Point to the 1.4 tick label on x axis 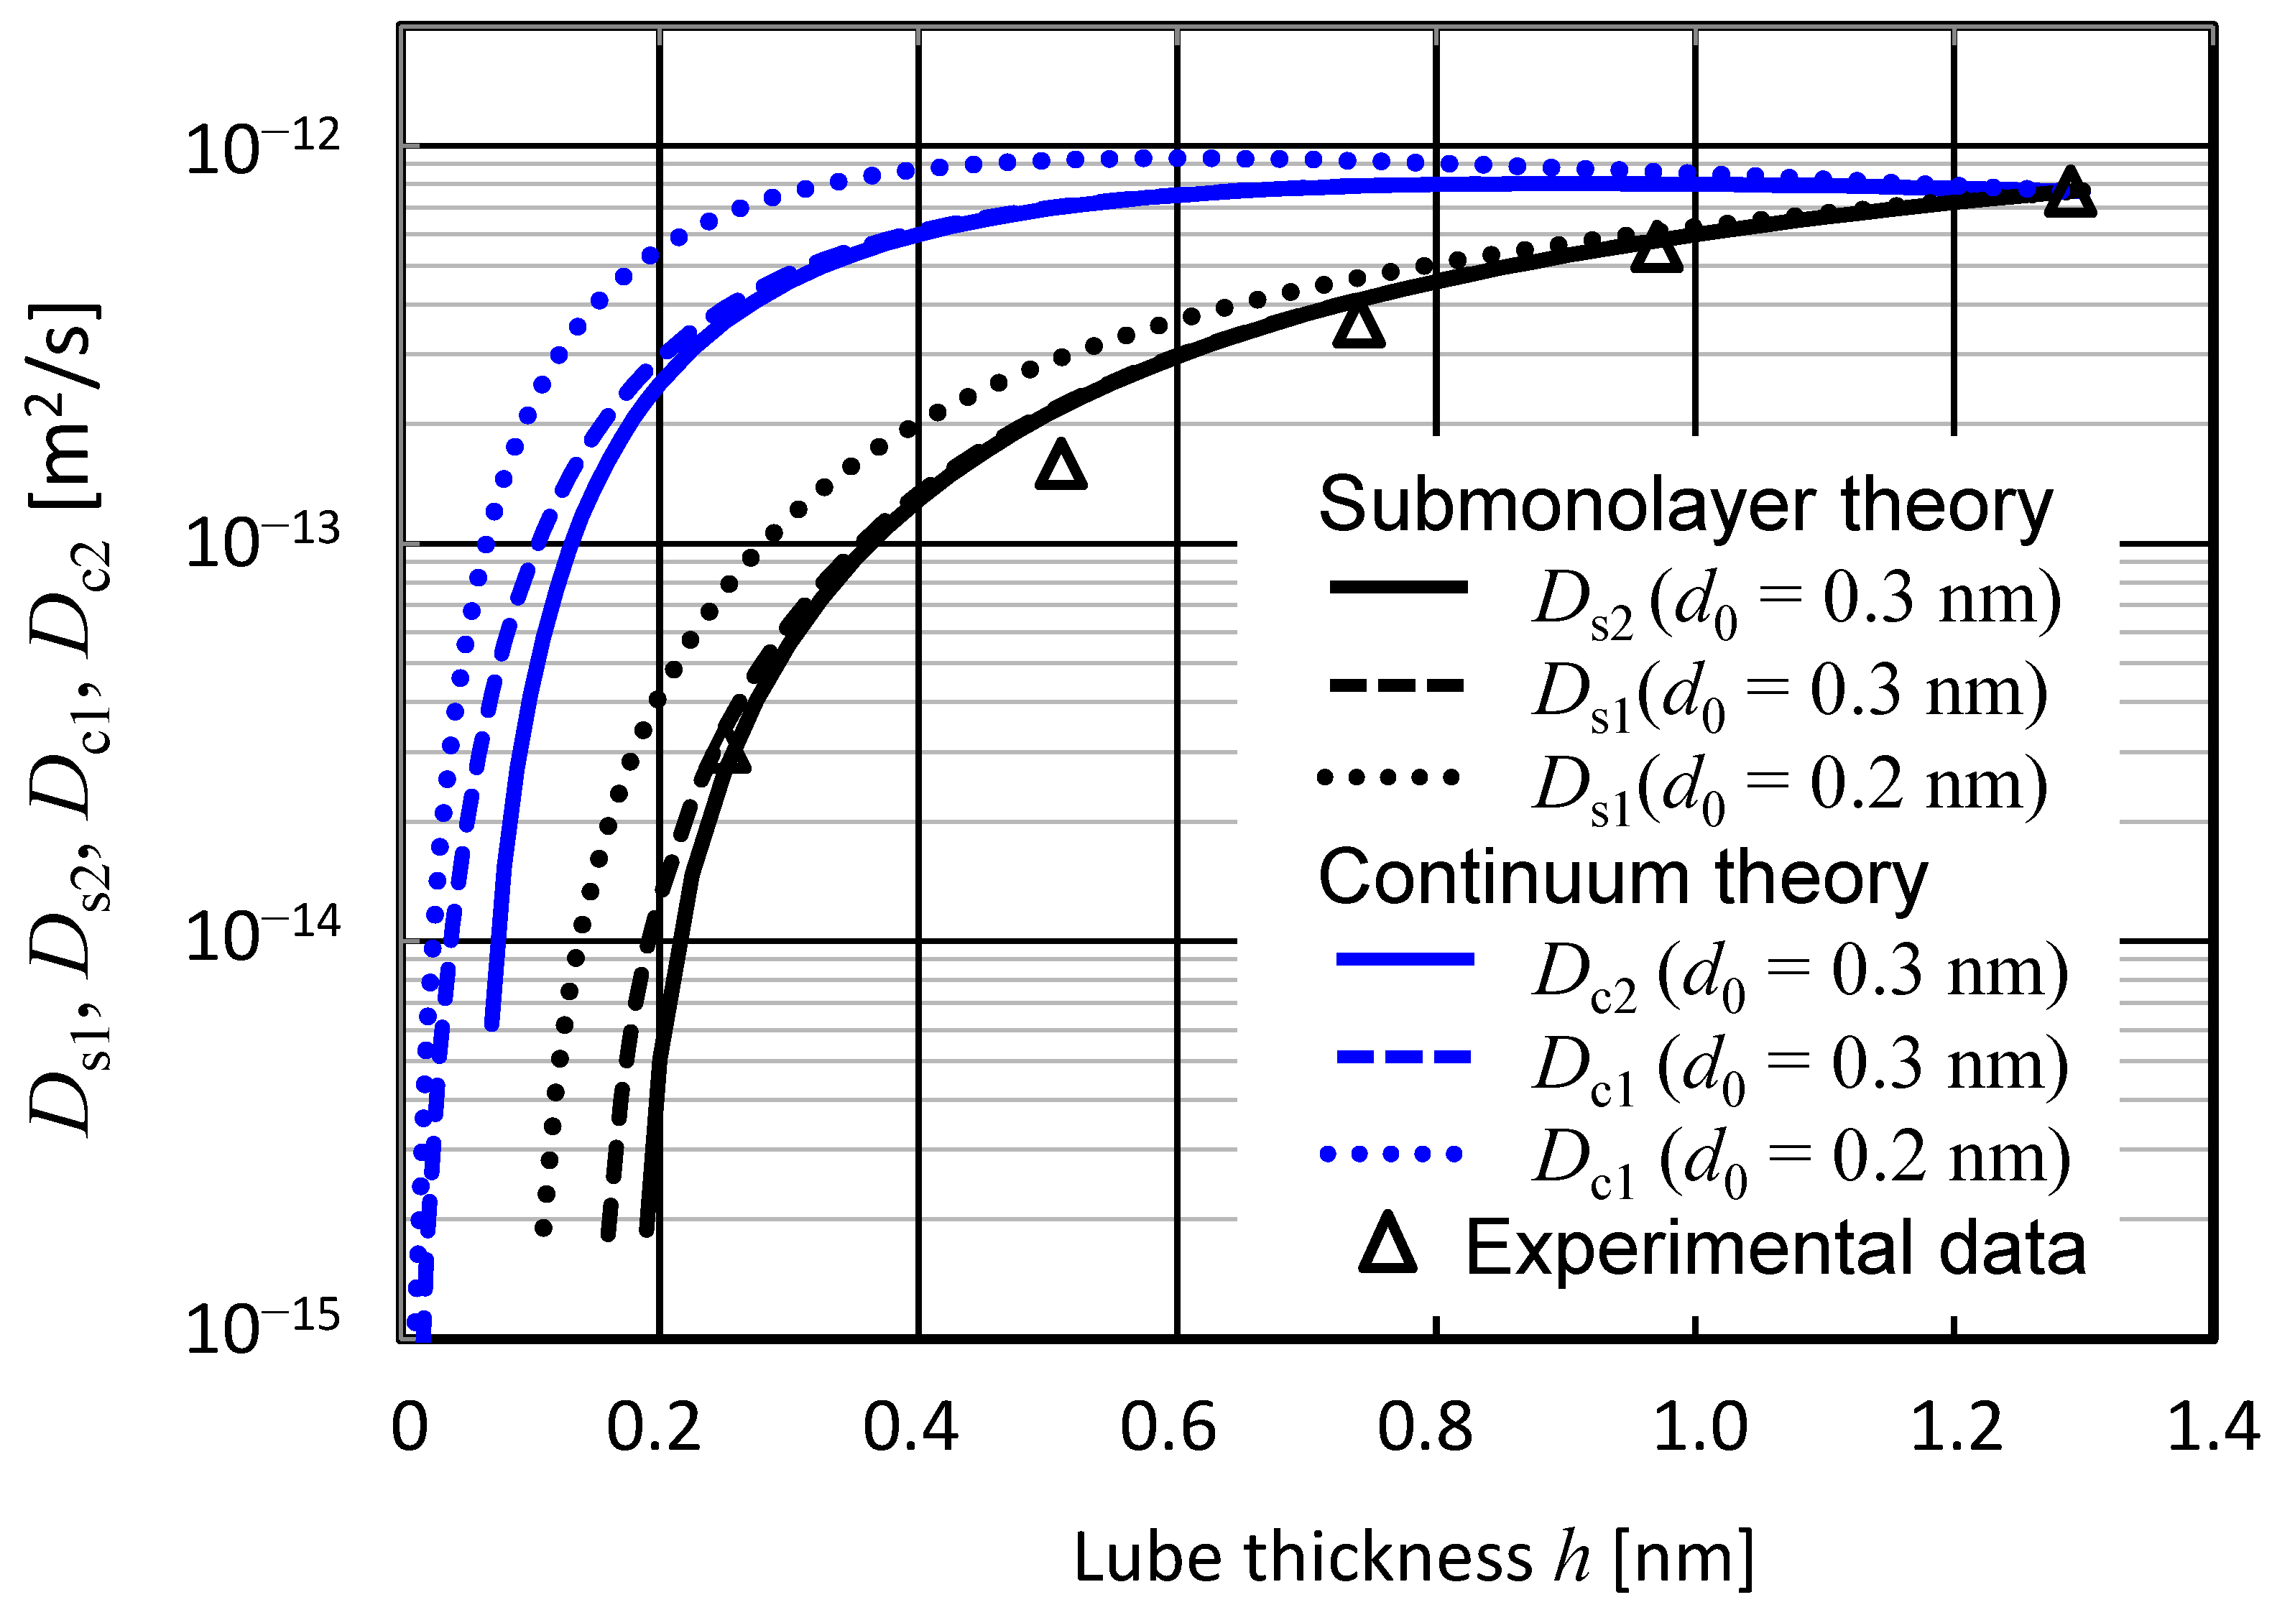pos(2212,1428)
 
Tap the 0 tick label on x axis pos(410,1428)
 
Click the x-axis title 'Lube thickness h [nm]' pos(1413,1556)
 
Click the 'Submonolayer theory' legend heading pos(1685,504)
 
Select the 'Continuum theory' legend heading pos(1622,877)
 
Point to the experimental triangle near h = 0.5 pos(1061,466)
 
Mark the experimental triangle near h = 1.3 pos(2070,193)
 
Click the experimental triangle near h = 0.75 pos(1358,326)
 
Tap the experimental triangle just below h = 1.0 pos(1656,249)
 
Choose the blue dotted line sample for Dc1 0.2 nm pos(1390,1153)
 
